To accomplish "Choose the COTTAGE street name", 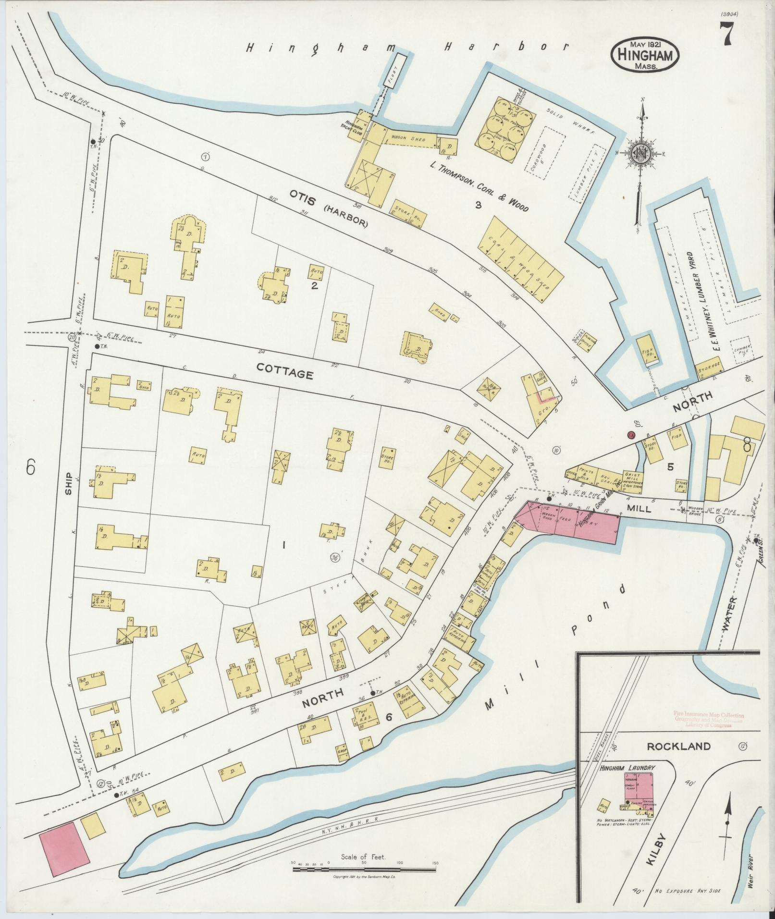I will pos(285,371).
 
